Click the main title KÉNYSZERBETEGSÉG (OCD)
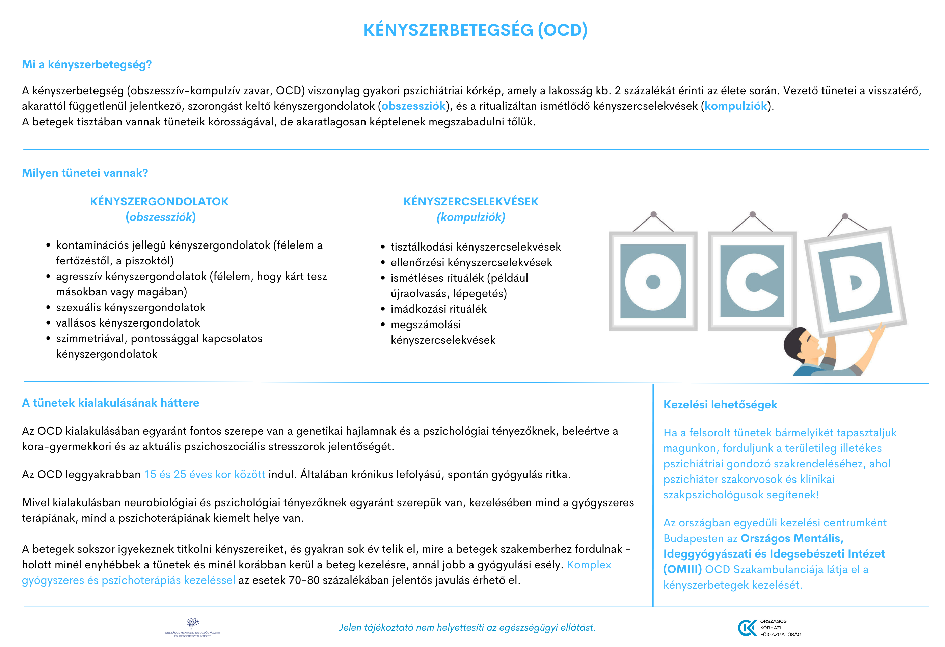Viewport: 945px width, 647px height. [475, 30]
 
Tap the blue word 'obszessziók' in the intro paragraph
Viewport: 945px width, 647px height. [413, 106]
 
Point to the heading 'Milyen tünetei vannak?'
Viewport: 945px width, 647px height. [85, 173]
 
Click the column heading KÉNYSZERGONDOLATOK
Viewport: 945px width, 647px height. [159, 201]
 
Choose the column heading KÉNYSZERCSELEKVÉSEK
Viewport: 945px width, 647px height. [470, 201]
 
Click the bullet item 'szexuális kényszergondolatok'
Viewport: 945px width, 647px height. [131, 307]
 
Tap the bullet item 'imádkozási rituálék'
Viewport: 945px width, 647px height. [438, 309]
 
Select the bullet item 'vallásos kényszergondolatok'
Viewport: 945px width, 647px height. [128, 323]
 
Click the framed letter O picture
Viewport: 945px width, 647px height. [653, 281]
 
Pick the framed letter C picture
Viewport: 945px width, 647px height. [752, 281]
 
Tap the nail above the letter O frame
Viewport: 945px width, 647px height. [653, 214]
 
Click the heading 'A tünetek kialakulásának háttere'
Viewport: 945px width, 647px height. [111, 403]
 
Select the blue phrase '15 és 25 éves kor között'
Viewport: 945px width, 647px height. [205, 474]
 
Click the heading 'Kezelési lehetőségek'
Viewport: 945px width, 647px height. [720, 405]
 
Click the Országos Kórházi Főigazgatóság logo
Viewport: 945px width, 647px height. [768, 627]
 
